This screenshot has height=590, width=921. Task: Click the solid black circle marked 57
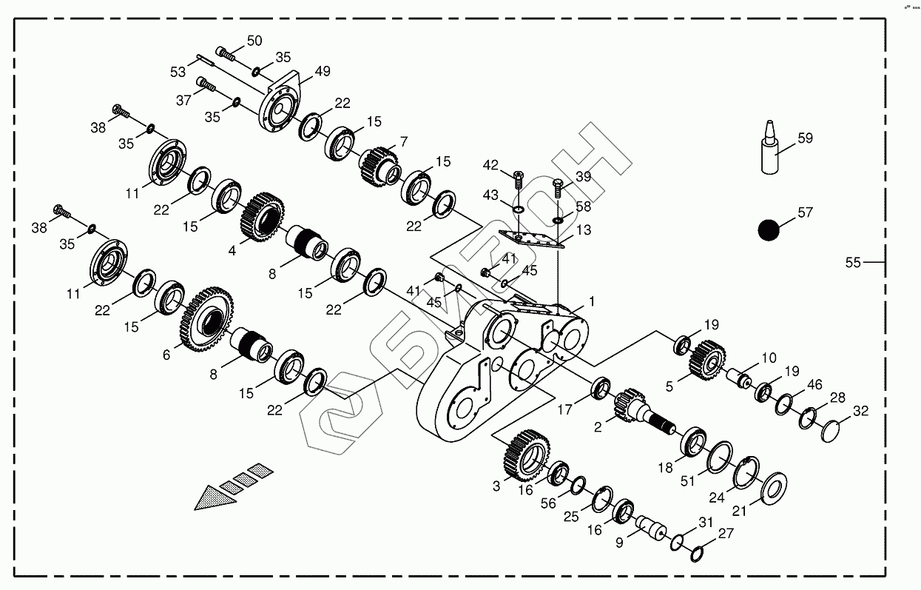(769, 229)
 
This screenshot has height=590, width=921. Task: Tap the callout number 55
(853, 262)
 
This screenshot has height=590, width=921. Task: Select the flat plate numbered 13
(532, 239)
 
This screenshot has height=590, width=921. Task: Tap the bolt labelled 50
(225, 53)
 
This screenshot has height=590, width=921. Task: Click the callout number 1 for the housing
(591, 301)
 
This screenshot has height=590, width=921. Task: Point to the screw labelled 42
(518, 178)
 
